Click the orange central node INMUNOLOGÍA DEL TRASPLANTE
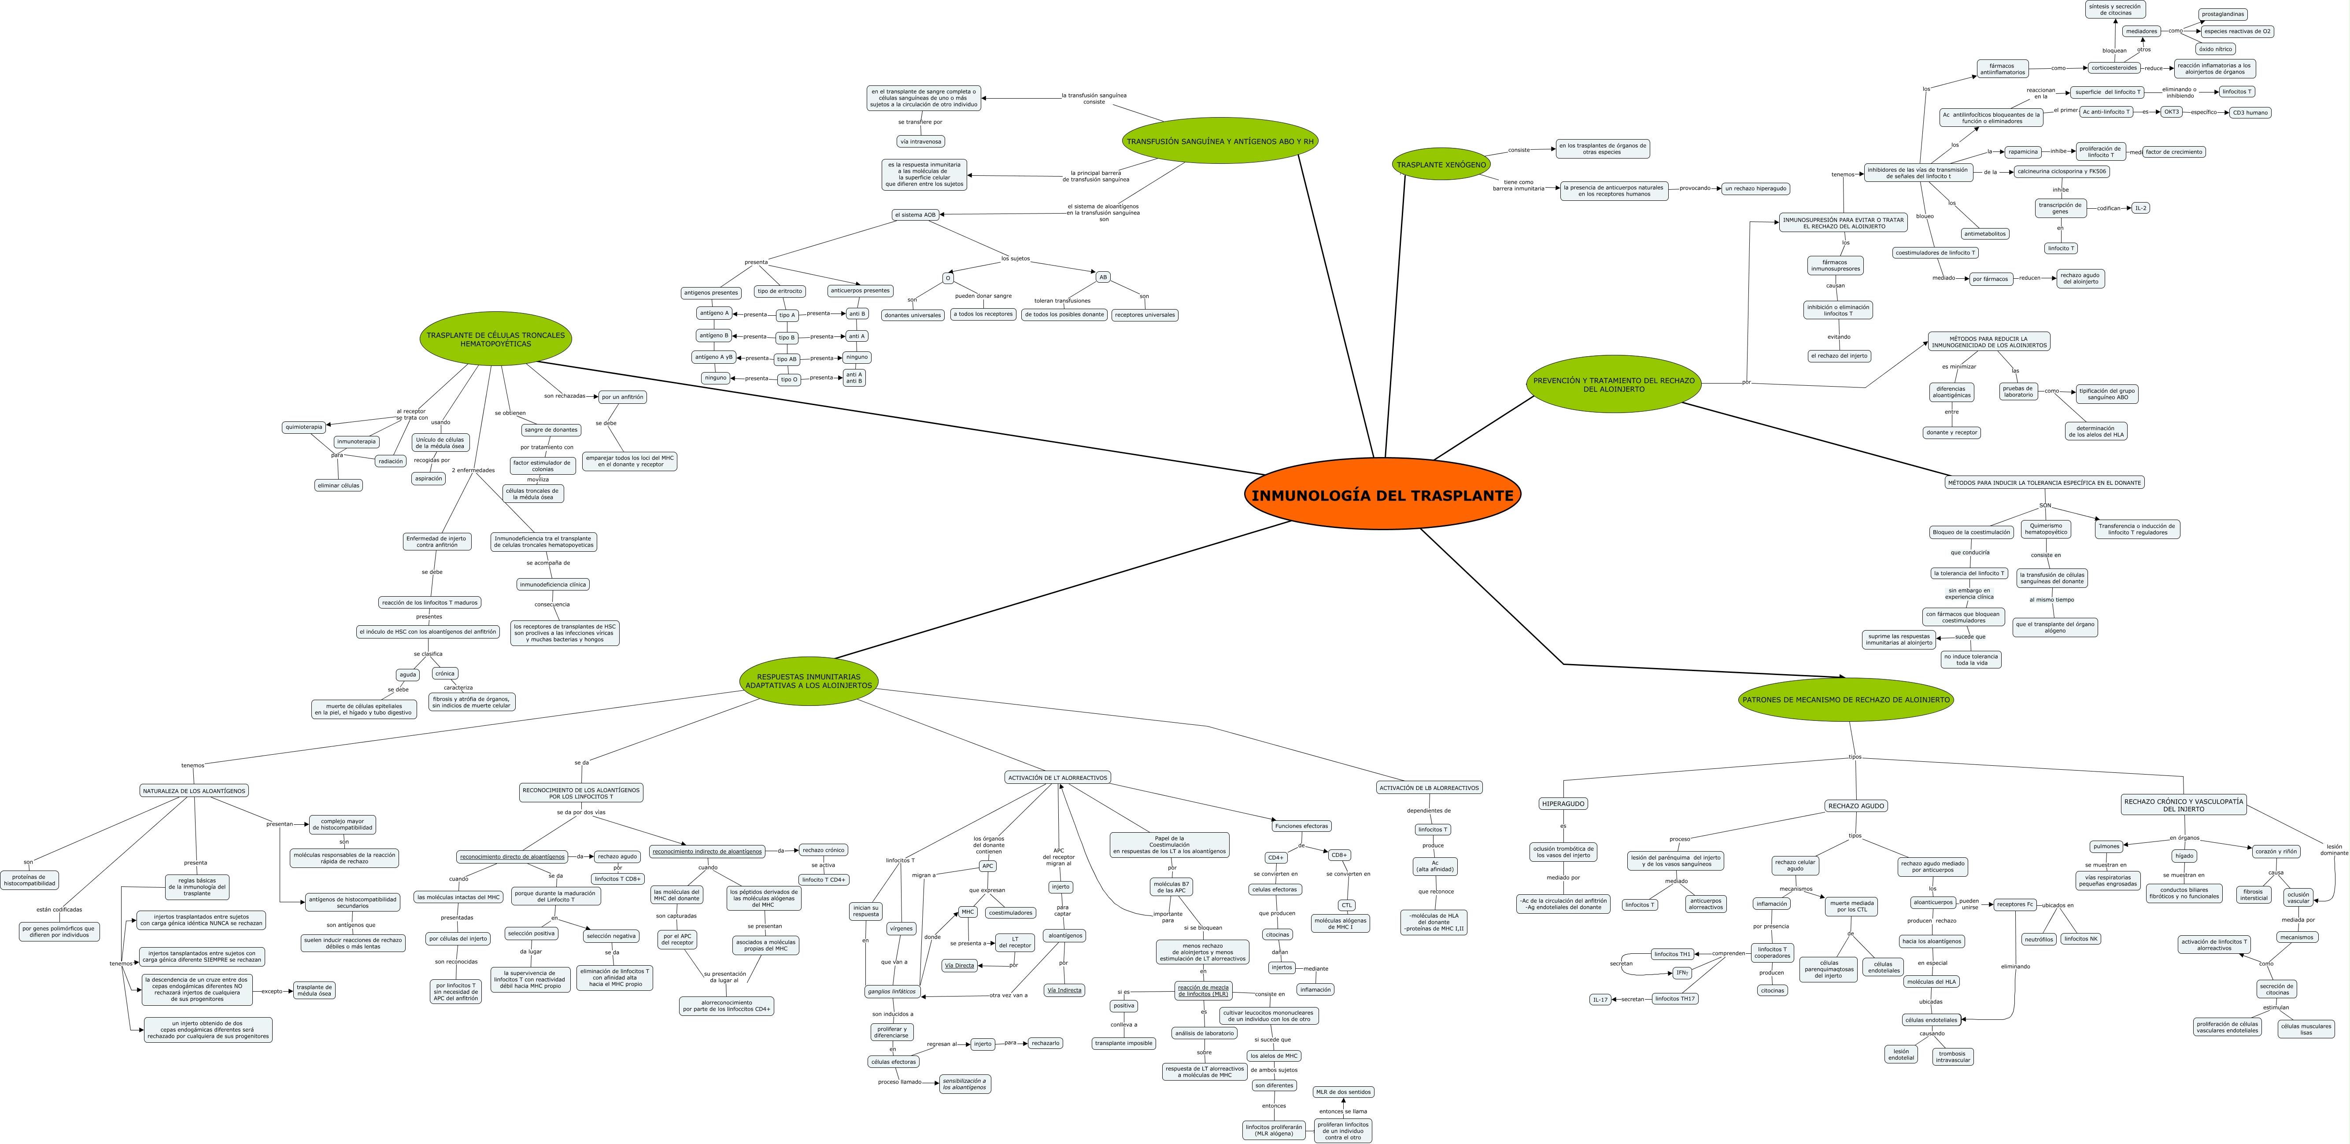[x=1382, y=495]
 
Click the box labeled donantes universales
[x=912, y=315]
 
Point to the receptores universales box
[x=1145, y=315]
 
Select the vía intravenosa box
[x=920, y=141]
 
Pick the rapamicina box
[x=2022, y=151]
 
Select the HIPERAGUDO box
[x=1563, y=804]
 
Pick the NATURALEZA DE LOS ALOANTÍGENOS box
[x=194, y=791]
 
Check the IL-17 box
[x=1600, y=999]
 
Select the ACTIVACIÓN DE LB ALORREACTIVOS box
[x=1429, y=787]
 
